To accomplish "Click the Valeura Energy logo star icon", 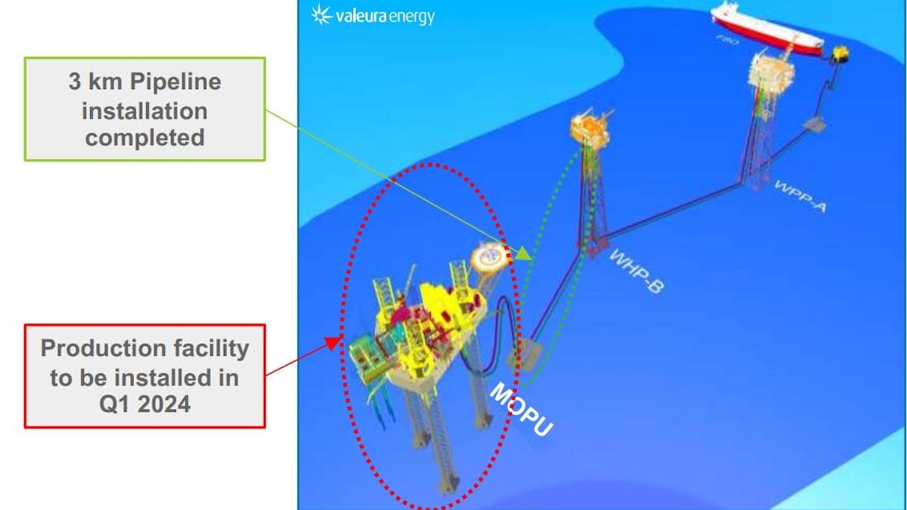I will tap(320, 14).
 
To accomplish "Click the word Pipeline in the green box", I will tap(172, 82).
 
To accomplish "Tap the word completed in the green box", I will tap(144, 138).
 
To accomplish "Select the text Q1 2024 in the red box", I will tap(144, 403).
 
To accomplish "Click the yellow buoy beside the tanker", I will tap(839, 54).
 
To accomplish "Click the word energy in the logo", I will tap(412, 16).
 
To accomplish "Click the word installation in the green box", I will tap(144, 110).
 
